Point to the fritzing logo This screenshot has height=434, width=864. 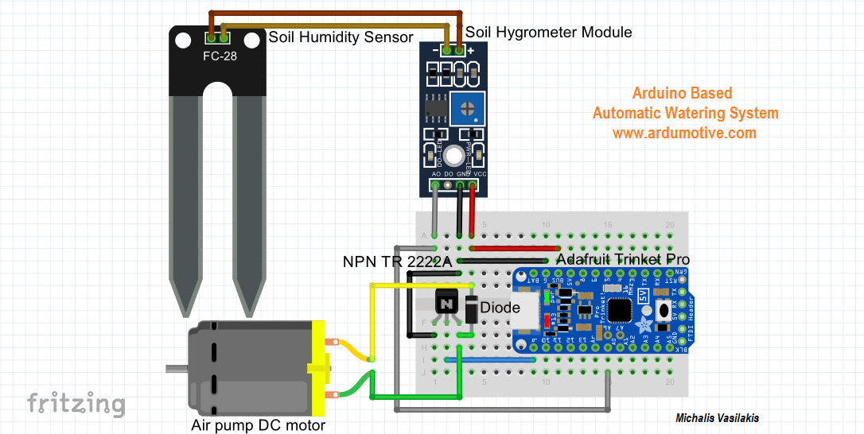76,403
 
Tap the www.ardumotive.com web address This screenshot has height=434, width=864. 684,133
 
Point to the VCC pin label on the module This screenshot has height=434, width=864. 481,173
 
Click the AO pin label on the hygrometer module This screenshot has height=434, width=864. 436,173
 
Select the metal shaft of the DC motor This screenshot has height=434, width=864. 176,369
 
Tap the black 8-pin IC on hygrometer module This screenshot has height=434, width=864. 436,107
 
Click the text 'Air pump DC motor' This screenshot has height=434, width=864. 259,425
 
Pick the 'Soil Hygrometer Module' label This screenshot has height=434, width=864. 549,32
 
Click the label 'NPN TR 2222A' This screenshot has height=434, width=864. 397,262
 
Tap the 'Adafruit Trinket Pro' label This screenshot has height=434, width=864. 623,260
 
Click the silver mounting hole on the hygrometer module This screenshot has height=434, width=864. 453,156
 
